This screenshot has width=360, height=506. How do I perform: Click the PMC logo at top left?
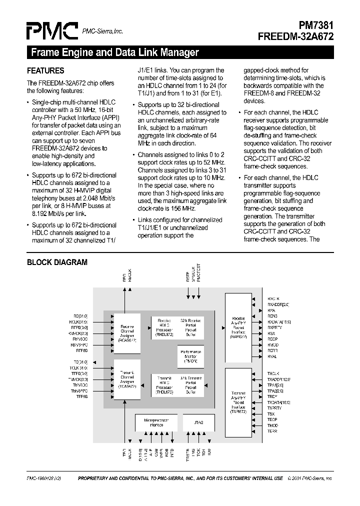51,31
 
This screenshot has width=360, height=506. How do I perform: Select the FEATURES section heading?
45,71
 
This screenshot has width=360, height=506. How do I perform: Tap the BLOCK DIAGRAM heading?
57,262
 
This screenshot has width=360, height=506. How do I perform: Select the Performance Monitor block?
190,354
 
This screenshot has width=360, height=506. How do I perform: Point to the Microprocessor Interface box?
156,422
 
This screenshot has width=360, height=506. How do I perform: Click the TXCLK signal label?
273,373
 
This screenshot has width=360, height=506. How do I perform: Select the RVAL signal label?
272,356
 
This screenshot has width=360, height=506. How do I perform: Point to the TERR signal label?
272,431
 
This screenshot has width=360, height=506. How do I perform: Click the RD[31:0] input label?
80,316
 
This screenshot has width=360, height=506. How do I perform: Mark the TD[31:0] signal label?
80,361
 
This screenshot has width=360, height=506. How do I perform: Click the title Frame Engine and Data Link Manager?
115,52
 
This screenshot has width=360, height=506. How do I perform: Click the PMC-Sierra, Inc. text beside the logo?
102,31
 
